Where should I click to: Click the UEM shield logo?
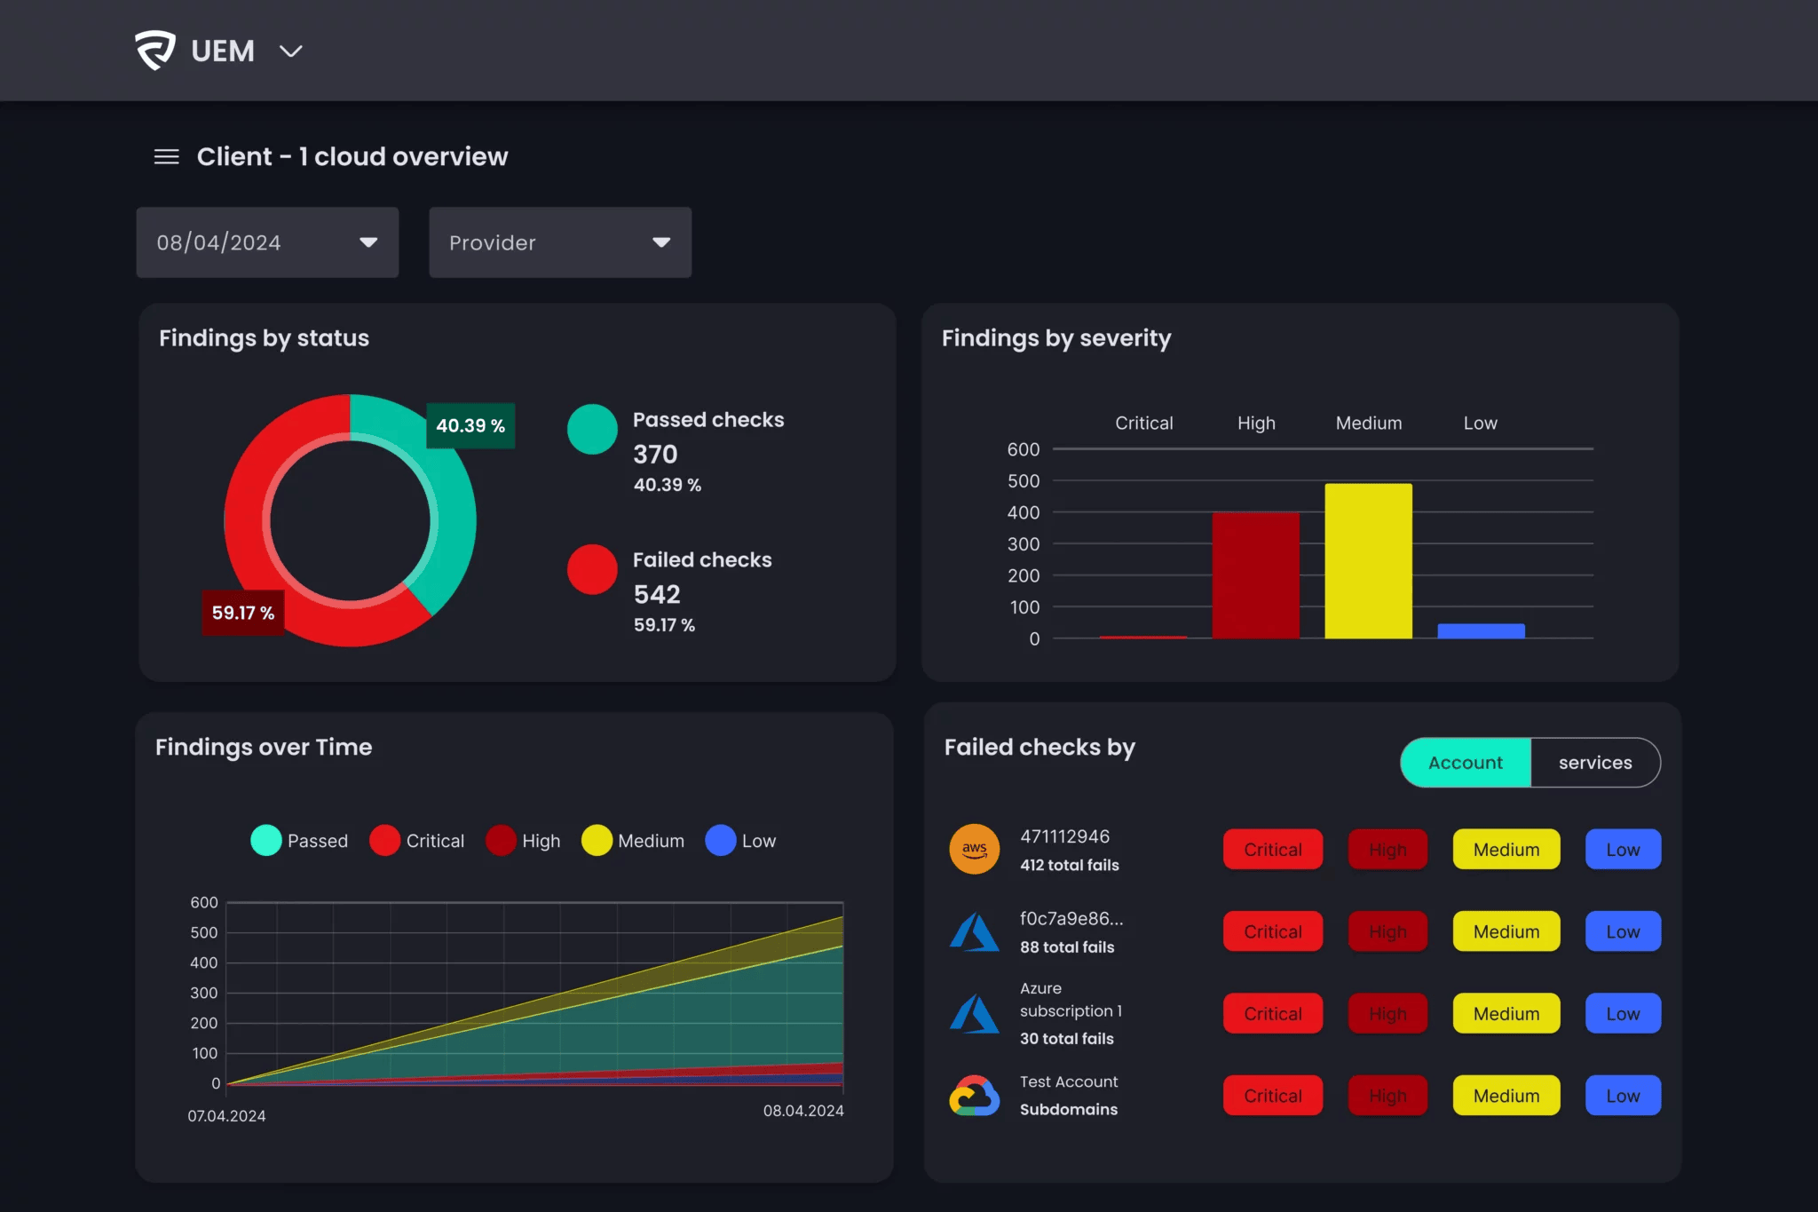tap(155, 50)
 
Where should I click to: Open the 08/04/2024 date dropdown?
tap(267, 242)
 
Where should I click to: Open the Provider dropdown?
tap(559, 242)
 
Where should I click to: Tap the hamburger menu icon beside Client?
tap(166, 157)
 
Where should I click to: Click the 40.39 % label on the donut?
tap(470, 425)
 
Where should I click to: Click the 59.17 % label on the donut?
tap(242, 613)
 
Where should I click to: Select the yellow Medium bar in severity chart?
tap(1368, 560)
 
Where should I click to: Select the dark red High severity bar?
tap(1255, 575)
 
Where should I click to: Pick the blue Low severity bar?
tap(1481, 631)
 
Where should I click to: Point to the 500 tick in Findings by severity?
tap(1023, 481)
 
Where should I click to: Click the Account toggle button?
tap(1466, 763)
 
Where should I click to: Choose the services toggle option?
tap(1594, 763)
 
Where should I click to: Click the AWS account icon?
tap(975, 850)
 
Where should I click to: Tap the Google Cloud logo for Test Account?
tap(975, 1096)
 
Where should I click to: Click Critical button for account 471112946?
tap(1272, 850)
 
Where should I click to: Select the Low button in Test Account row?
tap(1622, 1096)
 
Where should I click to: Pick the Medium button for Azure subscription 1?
tap(1506, 1014)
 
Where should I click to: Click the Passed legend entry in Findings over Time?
tap(300, 841)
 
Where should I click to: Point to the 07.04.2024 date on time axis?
tap(226, 1116)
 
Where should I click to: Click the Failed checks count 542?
tap(657, 594)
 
